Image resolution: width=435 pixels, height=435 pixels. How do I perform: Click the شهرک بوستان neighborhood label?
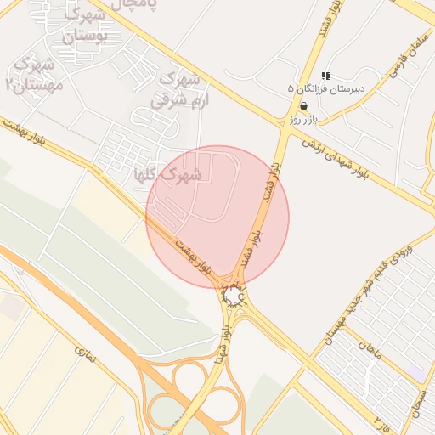click(x=84, y=25)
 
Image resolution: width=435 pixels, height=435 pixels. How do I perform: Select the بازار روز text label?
click(x=303, y=119)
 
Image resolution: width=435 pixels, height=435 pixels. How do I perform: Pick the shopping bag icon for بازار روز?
click(x=303, y=105)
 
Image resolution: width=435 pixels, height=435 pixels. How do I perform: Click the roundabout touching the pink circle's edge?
click(x=234, y=295)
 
